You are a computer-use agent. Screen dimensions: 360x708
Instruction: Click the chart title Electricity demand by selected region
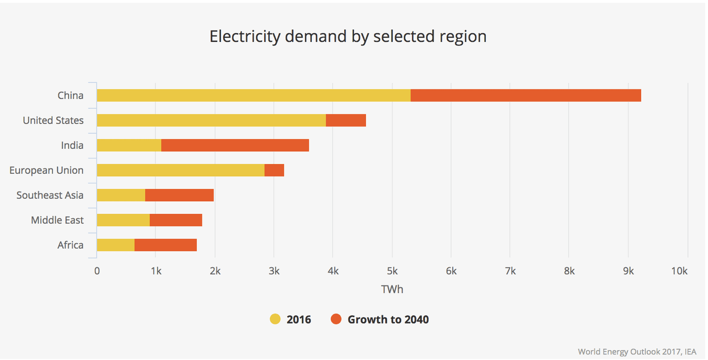[x=348, y=36]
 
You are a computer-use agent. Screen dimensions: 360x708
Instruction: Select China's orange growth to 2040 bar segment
[x=525, y=95]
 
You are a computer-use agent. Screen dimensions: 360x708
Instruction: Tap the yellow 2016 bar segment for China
[x=254, y=95]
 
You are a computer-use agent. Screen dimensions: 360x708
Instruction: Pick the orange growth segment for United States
[x=346, y=120]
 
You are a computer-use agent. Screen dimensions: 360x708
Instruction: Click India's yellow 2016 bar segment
[x=129, y=145]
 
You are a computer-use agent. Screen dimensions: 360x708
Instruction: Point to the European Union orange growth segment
[x=274, y=170]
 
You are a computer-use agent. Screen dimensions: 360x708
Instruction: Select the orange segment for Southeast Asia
[x=179, y=195]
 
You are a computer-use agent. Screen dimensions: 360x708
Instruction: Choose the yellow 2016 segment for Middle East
[x=123, y=220]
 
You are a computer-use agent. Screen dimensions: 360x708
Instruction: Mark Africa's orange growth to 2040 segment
[x=165, y=245]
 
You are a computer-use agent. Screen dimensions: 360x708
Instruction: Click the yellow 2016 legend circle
[x=275, y=319]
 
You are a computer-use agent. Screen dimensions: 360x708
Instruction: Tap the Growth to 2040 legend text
[x=388, y=319]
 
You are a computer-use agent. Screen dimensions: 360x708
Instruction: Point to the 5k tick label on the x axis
[x=392, y=271]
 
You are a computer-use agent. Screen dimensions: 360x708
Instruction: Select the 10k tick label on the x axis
[x=679, y=271]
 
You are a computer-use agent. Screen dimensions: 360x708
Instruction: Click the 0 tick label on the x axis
[x=97, y=271]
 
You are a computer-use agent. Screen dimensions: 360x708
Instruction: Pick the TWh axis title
[x=392, y=289]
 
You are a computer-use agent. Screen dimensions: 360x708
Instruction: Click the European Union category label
[x=47, y=170]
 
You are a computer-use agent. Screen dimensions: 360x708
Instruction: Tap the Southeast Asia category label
[x=50, y=195]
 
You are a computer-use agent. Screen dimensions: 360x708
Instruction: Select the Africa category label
[x=71, y=245]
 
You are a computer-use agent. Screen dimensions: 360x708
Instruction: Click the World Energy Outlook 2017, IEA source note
[x=638, y=352]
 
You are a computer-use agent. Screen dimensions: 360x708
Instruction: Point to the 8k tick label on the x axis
[x=569, y=271]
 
